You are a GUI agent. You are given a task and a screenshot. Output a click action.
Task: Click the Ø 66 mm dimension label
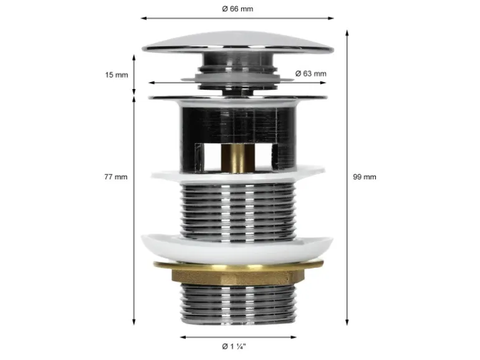pyautogui.click(x=238, y=9)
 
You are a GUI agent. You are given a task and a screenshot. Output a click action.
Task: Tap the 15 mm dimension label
pyautogui.click(x=117, y=75)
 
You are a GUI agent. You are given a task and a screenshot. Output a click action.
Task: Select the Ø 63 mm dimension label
pyautogui.click(x=310, y=73)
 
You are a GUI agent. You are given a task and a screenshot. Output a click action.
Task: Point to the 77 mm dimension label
pyautogui.click(x=116, y=177)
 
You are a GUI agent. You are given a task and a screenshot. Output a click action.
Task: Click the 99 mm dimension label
pyautogui.click(x=364, y=177)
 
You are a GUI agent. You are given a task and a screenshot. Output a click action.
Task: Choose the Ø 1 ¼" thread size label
pyautogui.click(x=234, y=346)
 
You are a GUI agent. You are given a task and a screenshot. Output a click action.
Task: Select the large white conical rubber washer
pyautogui.click(x=237, y=248)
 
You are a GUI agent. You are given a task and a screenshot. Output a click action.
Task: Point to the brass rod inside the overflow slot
pyautogui.click(x=238, y=157)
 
